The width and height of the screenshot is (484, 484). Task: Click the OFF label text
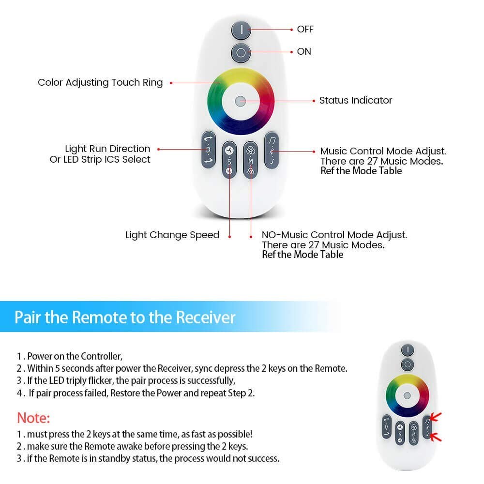click(x=305, y=30)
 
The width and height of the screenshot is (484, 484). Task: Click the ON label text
click(x=304, y=51)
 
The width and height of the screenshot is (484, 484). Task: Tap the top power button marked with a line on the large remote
click(x=241, y=30)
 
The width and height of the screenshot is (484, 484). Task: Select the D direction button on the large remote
click(x=208, y=150)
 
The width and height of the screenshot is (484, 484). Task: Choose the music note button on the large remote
click(x=272, y=150)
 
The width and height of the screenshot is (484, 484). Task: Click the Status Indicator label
click(x=355, y=101)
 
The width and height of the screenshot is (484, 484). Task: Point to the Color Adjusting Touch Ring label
click(x=100, y=82)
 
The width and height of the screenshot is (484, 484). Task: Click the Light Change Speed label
click(x=172, y=235)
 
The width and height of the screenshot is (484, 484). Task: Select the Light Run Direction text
click(x=107, y=149)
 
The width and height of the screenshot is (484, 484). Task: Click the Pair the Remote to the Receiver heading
click(x=125, y=318)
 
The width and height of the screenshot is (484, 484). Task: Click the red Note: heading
click(x=33, y=418)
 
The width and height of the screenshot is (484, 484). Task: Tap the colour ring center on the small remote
click(x=407, y=396)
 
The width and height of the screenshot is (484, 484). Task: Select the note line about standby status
click(x=148, y=458)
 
